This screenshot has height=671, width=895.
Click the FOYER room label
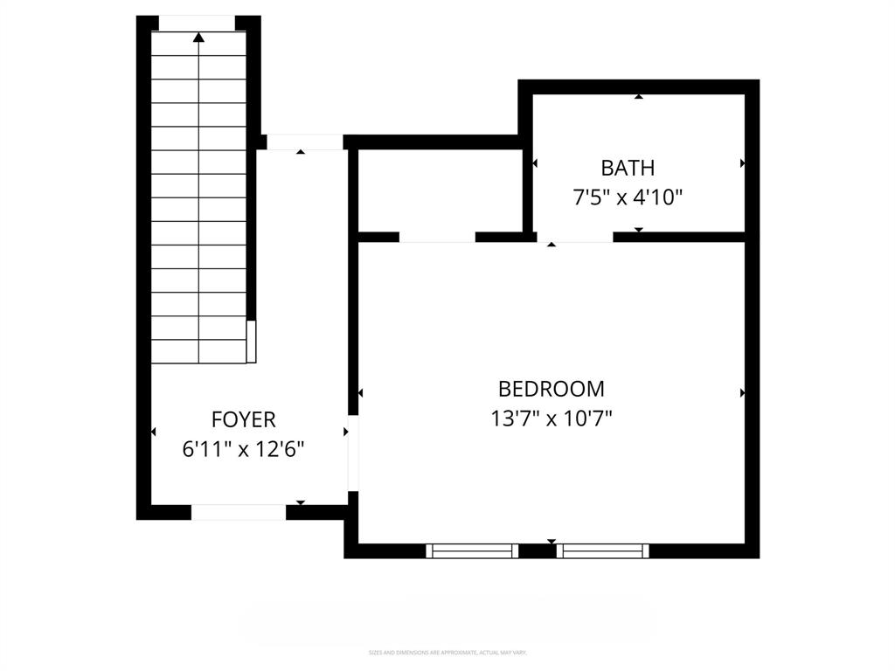click(x=243, y=419)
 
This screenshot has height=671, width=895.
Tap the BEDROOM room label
click(x=551, y=389)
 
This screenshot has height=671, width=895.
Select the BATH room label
click(x=627, y=168)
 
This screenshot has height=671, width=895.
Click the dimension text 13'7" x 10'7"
click(x=551, y=419)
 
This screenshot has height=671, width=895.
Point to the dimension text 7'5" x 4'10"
click(x=627, y=197)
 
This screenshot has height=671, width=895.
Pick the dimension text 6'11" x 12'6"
click(x=243, y=449)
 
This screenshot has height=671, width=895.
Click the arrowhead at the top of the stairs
click(x=198, y=38)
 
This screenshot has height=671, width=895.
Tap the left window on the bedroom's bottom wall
click(x=472, y=550)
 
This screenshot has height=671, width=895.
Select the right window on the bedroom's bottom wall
click(x=603, y=550)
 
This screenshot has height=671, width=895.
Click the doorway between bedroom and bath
click(x=574, y=237)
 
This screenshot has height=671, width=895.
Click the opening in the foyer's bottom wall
click(x=238, y=512)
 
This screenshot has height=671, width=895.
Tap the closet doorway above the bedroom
click(x=437, y=237)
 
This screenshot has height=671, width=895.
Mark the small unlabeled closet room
click(x=440, y=190)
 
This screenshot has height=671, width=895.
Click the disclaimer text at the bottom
click(x=447, y=653)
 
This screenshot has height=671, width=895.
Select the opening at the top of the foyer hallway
click(x=304, y=142)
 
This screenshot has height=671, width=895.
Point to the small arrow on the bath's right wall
click(x=742, y=163)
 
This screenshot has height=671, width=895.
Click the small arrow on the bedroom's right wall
click(x=742, y=393)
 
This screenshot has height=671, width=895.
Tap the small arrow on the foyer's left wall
click(x=154, y=432)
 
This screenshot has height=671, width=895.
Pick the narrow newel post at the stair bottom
click(x=251, y=342)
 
